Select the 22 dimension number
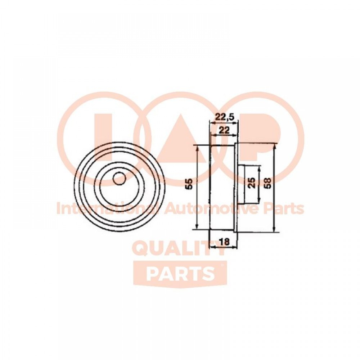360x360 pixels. (x=224, y=131)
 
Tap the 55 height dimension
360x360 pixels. (x=189, y=184)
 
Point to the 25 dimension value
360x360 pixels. (x=252, y=183)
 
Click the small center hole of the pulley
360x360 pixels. (x=120, y=178)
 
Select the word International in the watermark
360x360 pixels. (x=110, y=208)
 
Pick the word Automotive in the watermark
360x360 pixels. (x=214, y=208)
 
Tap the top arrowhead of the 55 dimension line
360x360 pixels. (x=197, y=148)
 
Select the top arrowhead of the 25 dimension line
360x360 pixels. (x=260, y=168)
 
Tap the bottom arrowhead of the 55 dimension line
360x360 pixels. (x=197, y=226)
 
